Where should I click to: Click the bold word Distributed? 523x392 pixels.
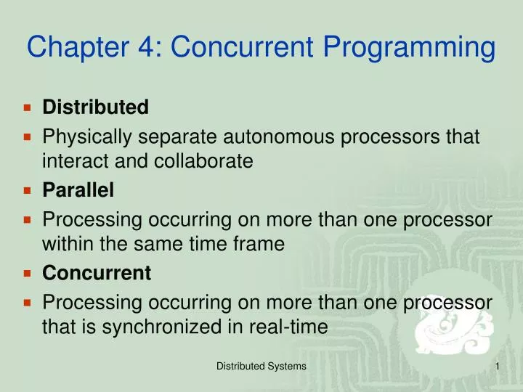(96, 107)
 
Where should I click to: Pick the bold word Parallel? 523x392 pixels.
(78, 190)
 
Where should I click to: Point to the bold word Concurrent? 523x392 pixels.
(97, 273)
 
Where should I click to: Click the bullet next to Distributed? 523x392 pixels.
(28, 107)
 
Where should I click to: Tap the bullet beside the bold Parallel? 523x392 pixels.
(28, 190)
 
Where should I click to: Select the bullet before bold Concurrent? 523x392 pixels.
(28, 273)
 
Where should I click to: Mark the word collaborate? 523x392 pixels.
(203, 162)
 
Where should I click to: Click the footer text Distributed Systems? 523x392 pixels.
(261, 367)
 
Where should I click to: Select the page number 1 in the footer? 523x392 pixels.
(498, 367)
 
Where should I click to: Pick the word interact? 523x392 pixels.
(71, 162)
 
